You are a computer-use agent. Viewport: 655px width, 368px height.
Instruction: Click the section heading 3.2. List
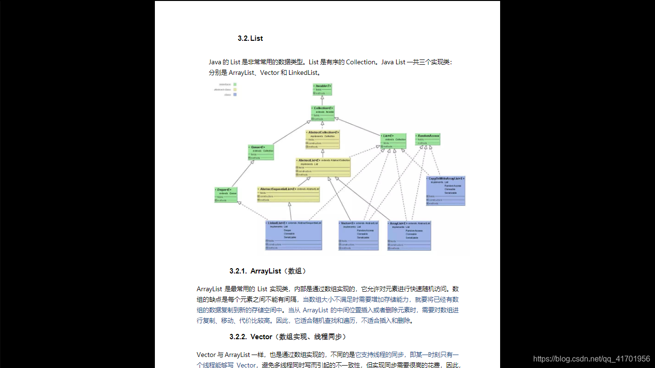250,38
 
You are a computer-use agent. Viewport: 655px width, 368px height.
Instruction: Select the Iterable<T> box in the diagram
322,89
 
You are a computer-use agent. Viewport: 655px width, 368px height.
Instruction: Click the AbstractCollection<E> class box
322,139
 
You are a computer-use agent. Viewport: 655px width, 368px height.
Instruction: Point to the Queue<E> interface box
261,152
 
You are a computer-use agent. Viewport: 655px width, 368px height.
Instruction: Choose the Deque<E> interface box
226,194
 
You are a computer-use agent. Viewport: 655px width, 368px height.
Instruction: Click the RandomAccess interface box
427,139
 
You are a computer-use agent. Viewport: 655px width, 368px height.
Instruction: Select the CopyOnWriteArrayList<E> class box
445,191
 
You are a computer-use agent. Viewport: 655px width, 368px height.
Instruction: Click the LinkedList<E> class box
294,235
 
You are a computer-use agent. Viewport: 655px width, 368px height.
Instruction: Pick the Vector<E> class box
358,235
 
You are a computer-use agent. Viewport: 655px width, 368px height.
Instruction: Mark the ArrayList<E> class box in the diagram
409,235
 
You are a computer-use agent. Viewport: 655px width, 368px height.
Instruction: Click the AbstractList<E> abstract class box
323,167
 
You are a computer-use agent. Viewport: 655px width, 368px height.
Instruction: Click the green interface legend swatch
235,84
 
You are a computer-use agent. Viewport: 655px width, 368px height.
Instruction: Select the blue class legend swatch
235,95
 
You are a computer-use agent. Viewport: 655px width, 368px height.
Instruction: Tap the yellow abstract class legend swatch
235,90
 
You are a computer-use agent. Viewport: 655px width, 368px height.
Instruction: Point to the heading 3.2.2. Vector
288,337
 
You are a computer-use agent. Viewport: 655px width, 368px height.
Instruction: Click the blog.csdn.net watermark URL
591,358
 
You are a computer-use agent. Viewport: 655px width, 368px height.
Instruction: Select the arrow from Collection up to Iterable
322,100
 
